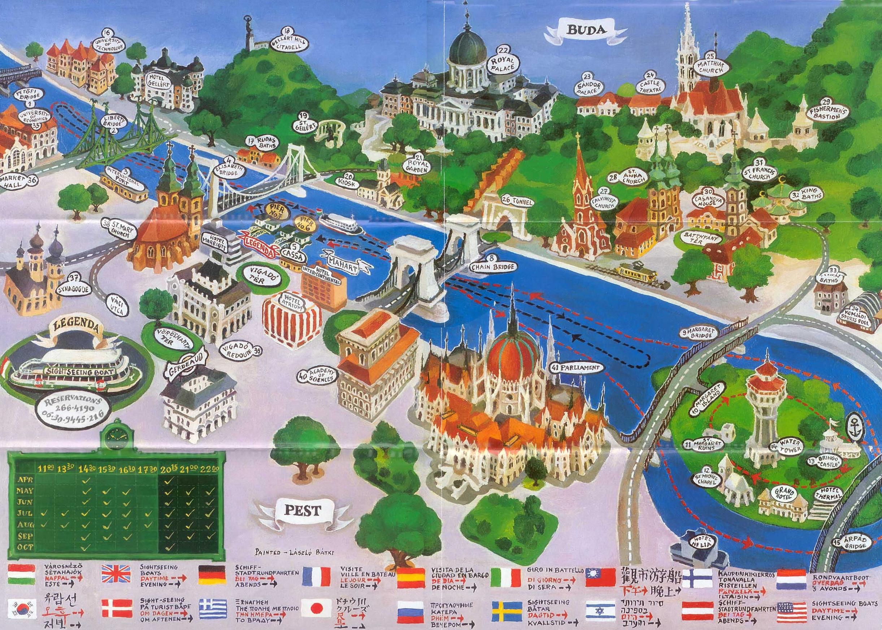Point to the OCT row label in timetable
pos(25,557)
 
